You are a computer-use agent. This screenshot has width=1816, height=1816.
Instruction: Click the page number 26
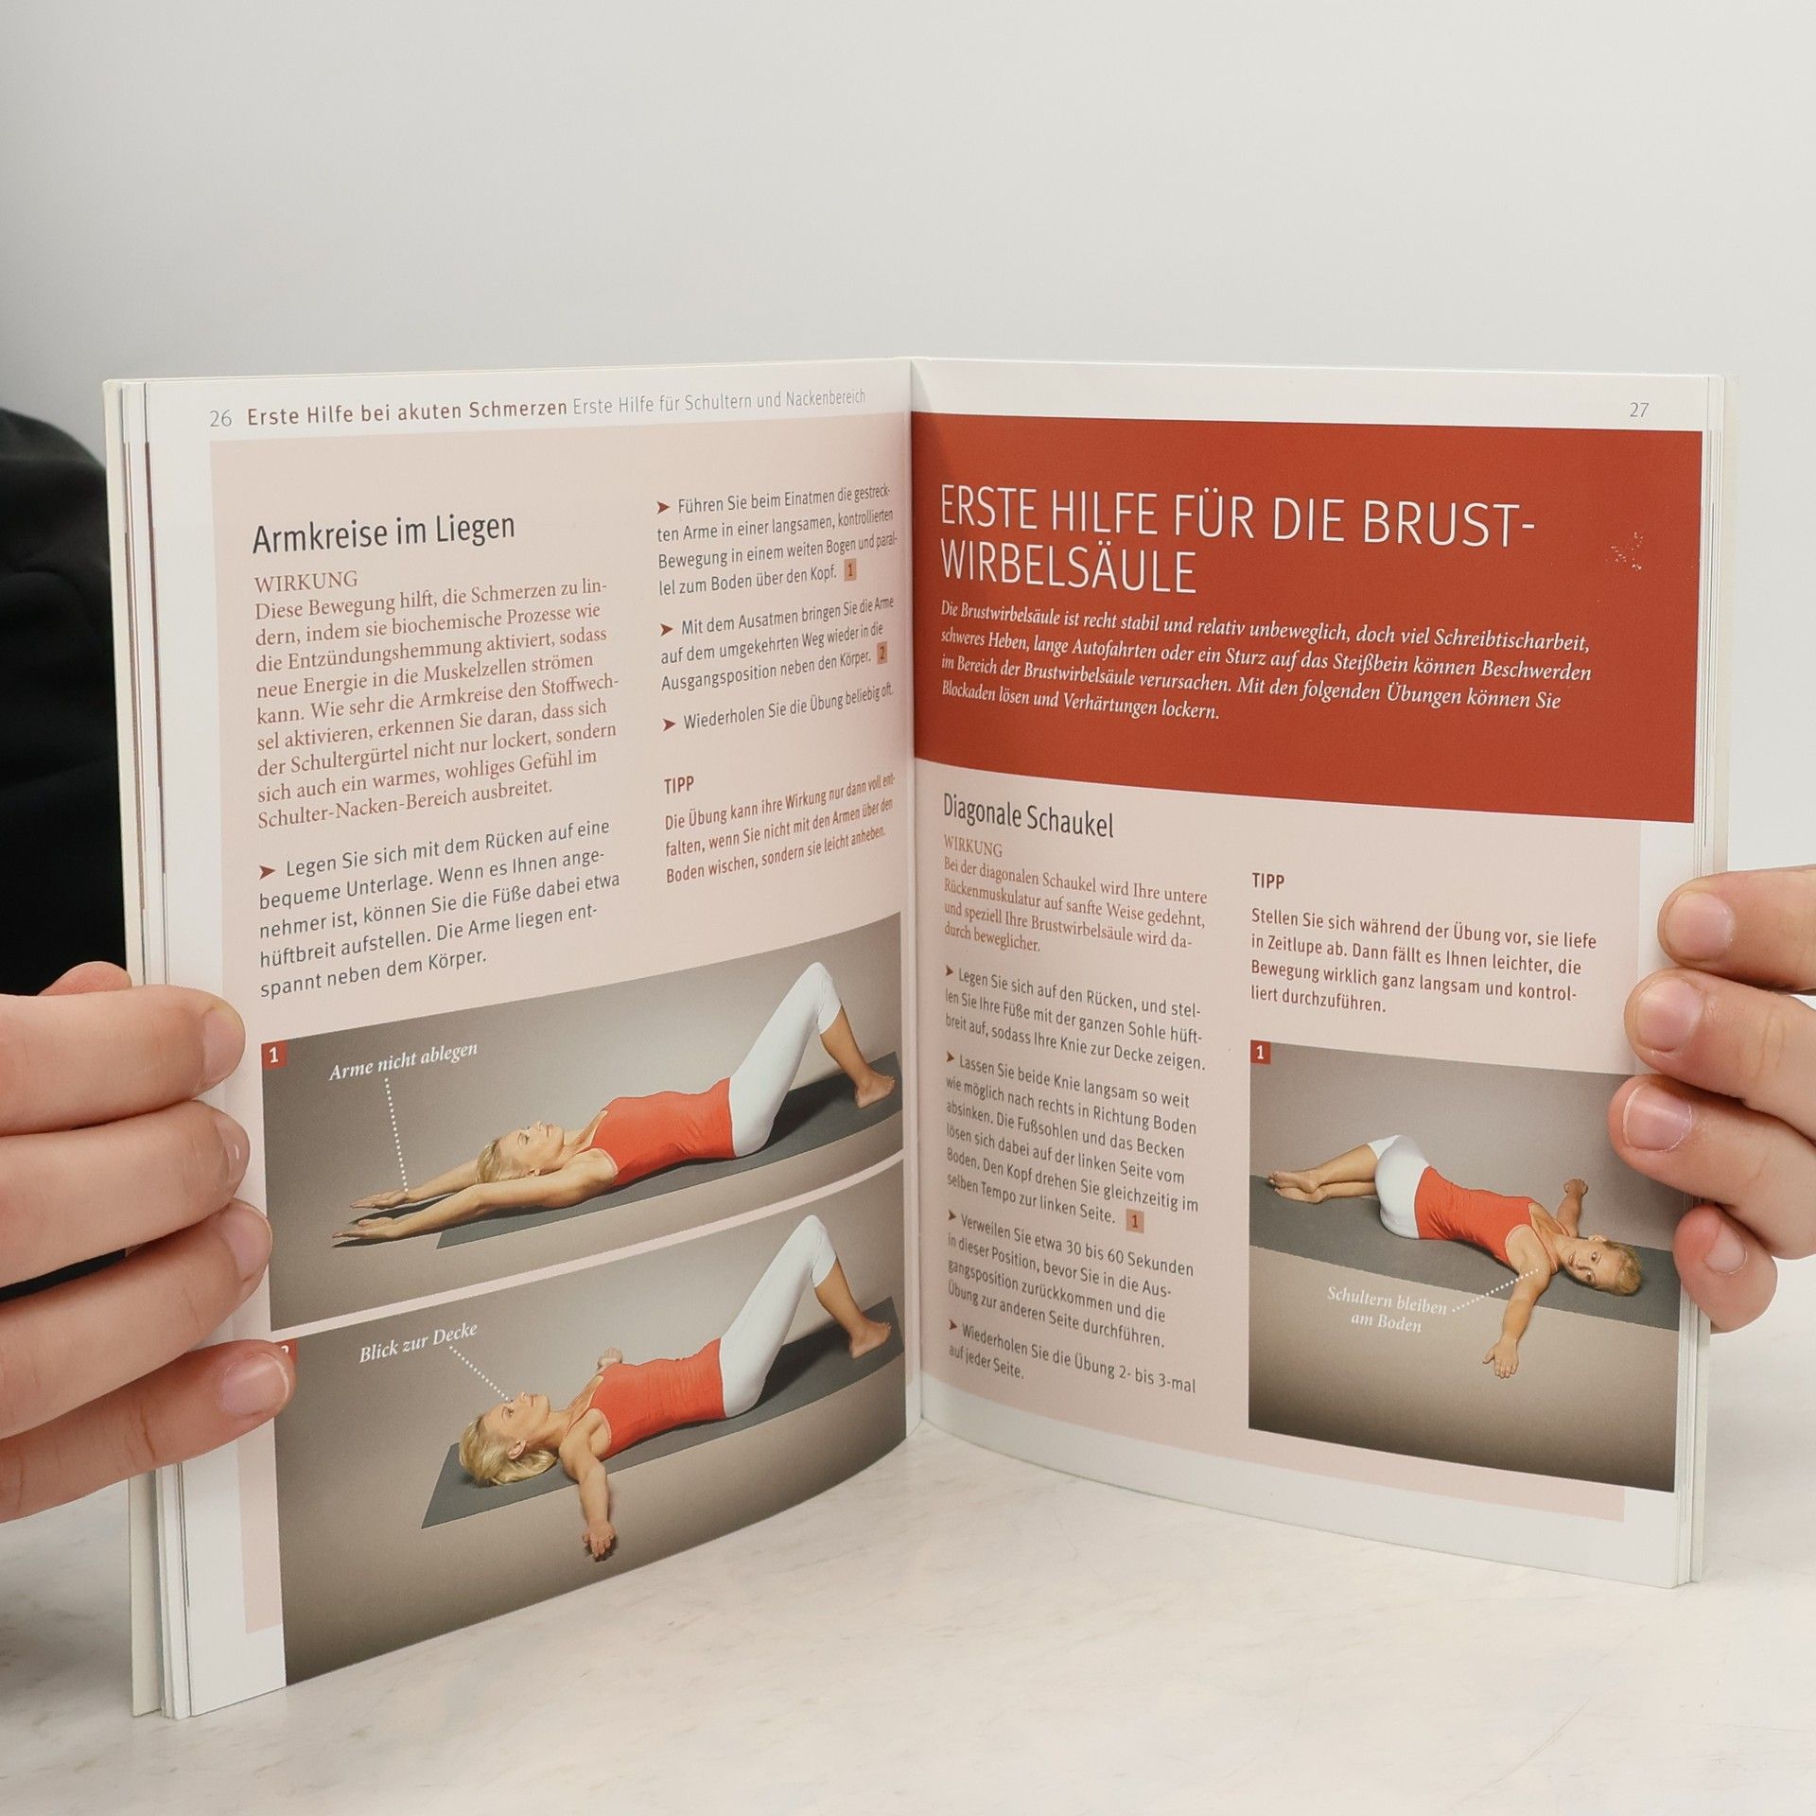[x=220, y=418]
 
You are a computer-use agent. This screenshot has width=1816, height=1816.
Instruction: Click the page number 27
[x=1639, y=410]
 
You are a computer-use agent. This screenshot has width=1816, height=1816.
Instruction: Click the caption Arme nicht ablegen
[x=404, y=1061]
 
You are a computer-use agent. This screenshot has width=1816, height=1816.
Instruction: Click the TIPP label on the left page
[x=678, y=785]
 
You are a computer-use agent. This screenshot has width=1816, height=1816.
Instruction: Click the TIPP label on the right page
[x=1268, y=881]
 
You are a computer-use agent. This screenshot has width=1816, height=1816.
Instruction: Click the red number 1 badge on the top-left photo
[x=273, y=1056]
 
